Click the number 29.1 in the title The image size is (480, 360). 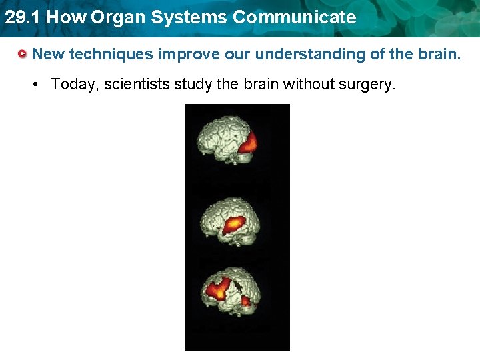[x=22, y=17]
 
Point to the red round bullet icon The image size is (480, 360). [x=23, y=54]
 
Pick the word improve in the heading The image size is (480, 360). [x=189, y=54]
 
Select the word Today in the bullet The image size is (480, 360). [x=71, y=85]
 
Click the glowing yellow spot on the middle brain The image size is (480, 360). [x=234, y=224]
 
